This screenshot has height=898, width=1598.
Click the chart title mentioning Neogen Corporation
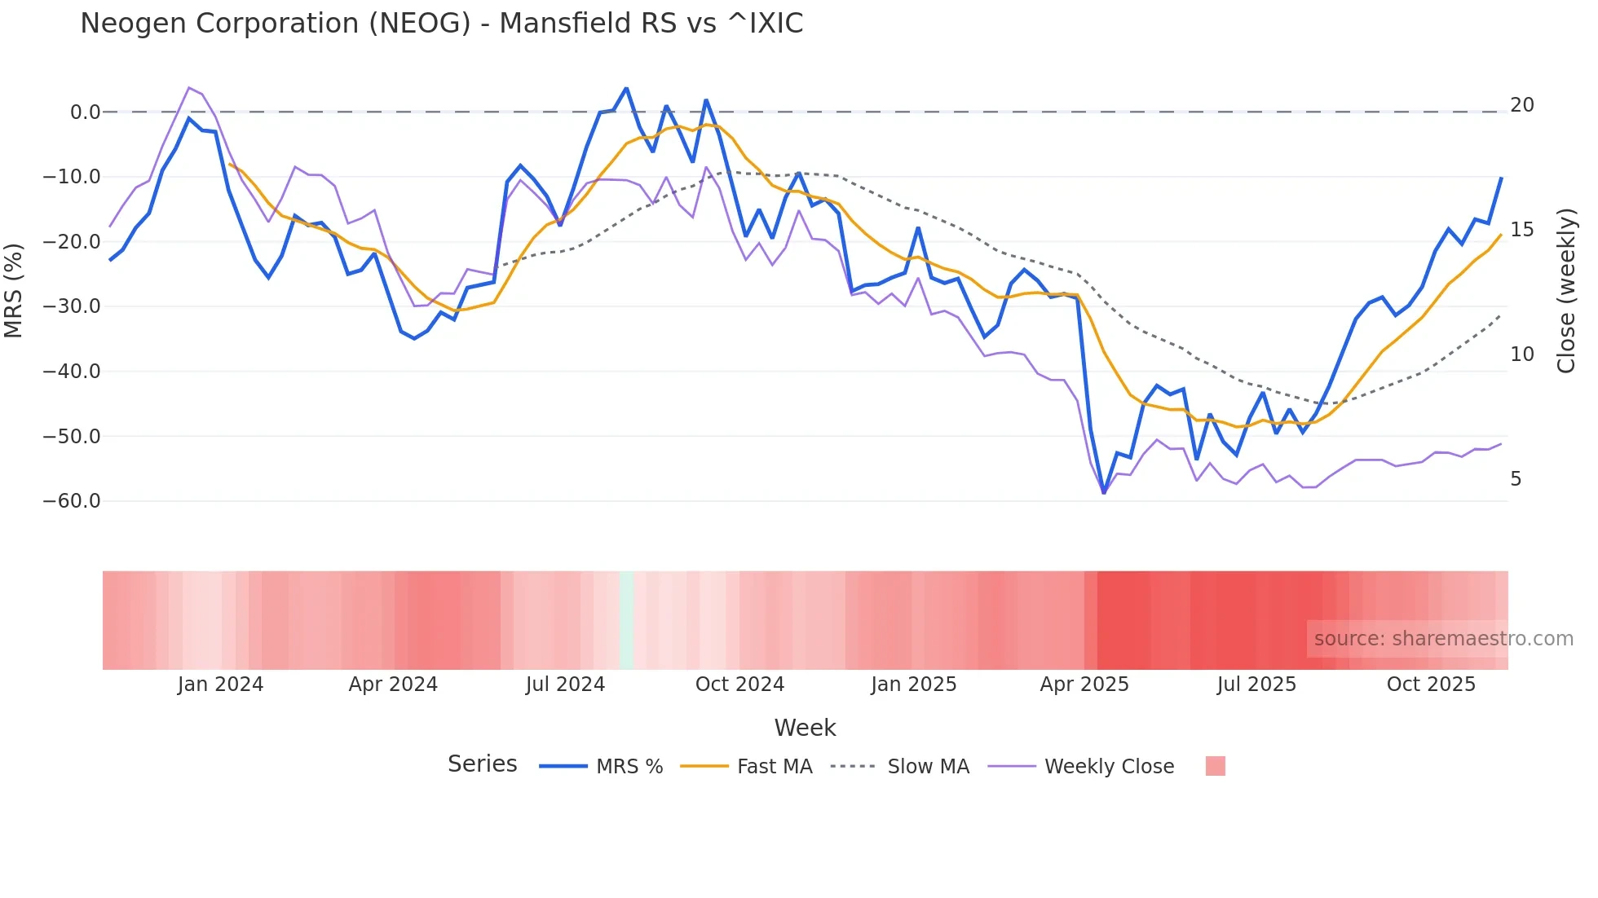point(441,24)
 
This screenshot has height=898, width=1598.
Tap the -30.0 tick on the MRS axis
point(72,306)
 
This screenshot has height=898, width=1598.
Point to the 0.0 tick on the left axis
point(85,112)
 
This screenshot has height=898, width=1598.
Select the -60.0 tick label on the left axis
point(72,501)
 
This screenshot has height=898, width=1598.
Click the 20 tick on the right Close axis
point(1521,105)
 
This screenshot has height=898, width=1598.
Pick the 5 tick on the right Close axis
point(1516,479)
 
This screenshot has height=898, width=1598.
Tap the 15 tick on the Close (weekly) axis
point(1521,230)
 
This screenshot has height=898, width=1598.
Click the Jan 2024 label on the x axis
point(220,685)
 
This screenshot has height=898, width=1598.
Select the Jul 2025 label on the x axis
point(1256,685)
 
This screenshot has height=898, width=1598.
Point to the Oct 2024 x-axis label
point(739,685)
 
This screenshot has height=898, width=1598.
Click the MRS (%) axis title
point(13,290)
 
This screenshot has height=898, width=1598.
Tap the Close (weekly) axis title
point(1565,290)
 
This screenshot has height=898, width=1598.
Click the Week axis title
point(805,728)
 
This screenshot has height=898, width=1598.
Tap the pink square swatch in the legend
point(1215,766)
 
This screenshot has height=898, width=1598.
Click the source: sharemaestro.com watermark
point(1443,639)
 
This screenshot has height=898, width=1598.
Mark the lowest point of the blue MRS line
point(1104,493)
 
